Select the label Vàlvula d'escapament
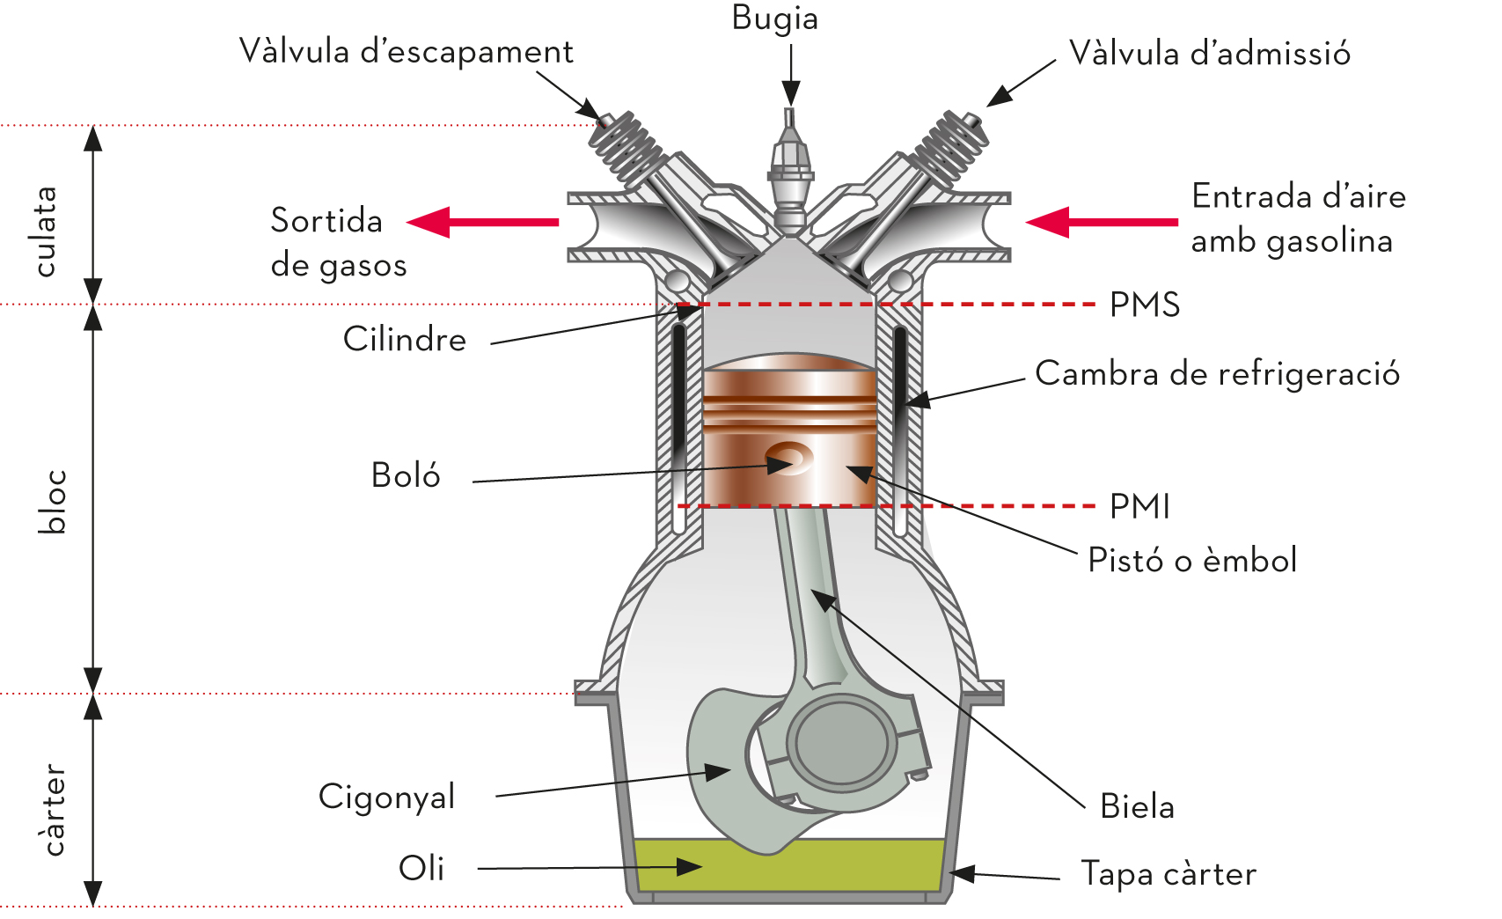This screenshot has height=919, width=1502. tap(406, 52)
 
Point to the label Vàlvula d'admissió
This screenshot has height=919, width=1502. tap(1209, 54)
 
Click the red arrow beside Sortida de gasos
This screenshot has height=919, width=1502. tap(483, 222)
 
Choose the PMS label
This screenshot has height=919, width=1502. tap(1144, 305)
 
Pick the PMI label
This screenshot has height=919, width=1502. tap(1139, 507)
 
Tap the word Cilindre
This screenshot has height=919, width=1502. tap(405, 340)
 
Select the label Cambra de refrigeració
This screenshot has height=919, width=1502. tap(1217, 374)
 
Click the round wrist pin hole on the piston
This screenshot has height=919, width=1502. tap(788, 458)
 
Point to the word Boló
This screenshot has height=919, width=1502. tap(406, 475)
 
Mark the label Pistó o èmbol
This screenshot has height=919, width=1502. tap(1192, 561)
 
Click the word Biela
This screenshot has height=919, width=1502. tap(1137, 806)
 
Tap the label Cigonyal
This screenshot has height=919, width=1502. tap(386, 798)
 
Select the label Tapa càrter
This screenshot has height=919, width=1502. tap(1169, 874)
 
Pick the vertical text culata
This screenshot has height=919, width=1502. tap(46, 232)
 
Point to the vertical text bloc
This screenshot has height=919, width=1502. tap(53, 502)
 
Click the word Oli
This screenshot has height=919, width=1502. tap(421, 869)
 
